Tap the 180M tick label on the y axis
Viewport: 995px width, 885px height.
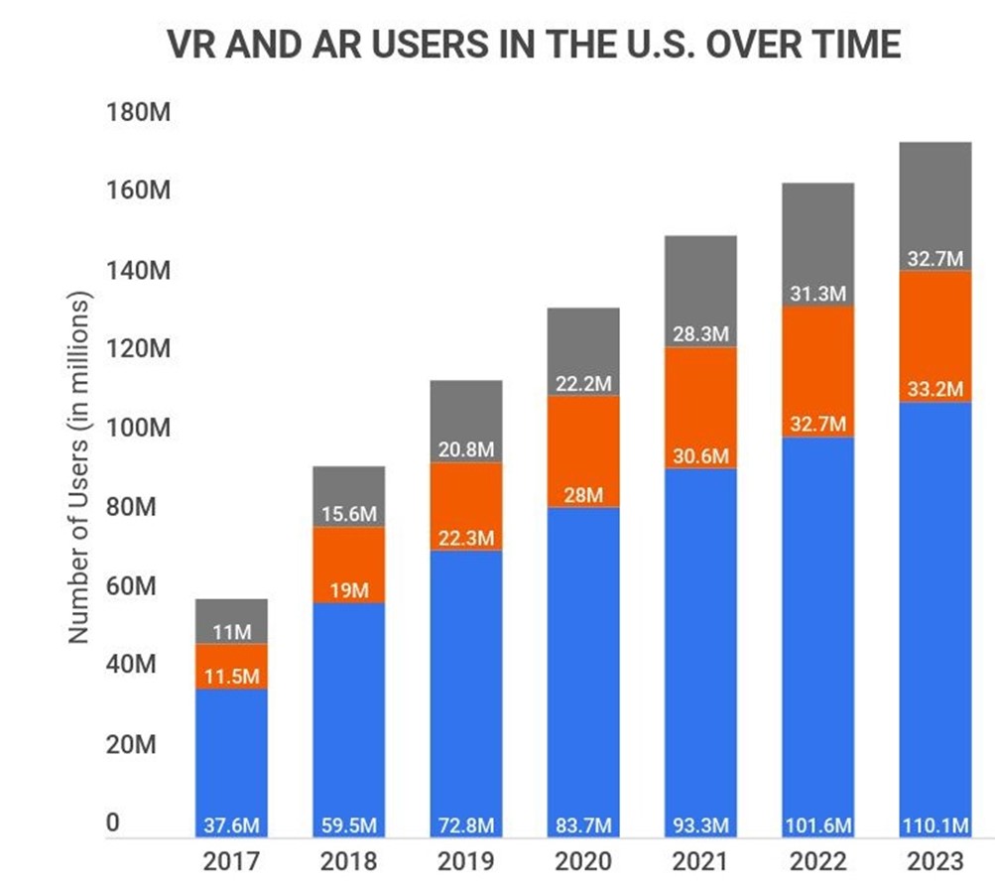139,111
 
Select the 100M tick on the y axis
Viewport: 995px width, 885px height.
139,428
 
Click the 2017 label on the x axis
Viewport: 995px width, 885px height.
231,860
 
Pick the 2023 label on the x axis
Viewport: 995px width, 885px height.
934,860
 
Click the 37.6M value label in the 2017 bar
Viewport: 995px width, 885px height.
231,825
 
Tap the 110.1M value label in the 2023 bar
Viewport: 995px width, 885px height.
934,825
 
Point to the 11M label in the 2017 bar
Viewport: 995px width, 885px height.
231,632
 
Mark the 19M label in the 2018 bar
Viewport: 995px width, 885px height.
348,591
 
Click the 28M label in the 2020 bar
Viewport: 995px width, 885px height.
582,495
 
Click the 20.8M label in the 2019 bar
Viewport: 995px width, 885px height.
465,449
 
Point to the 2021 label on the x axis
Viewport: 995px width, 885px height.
700,860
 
